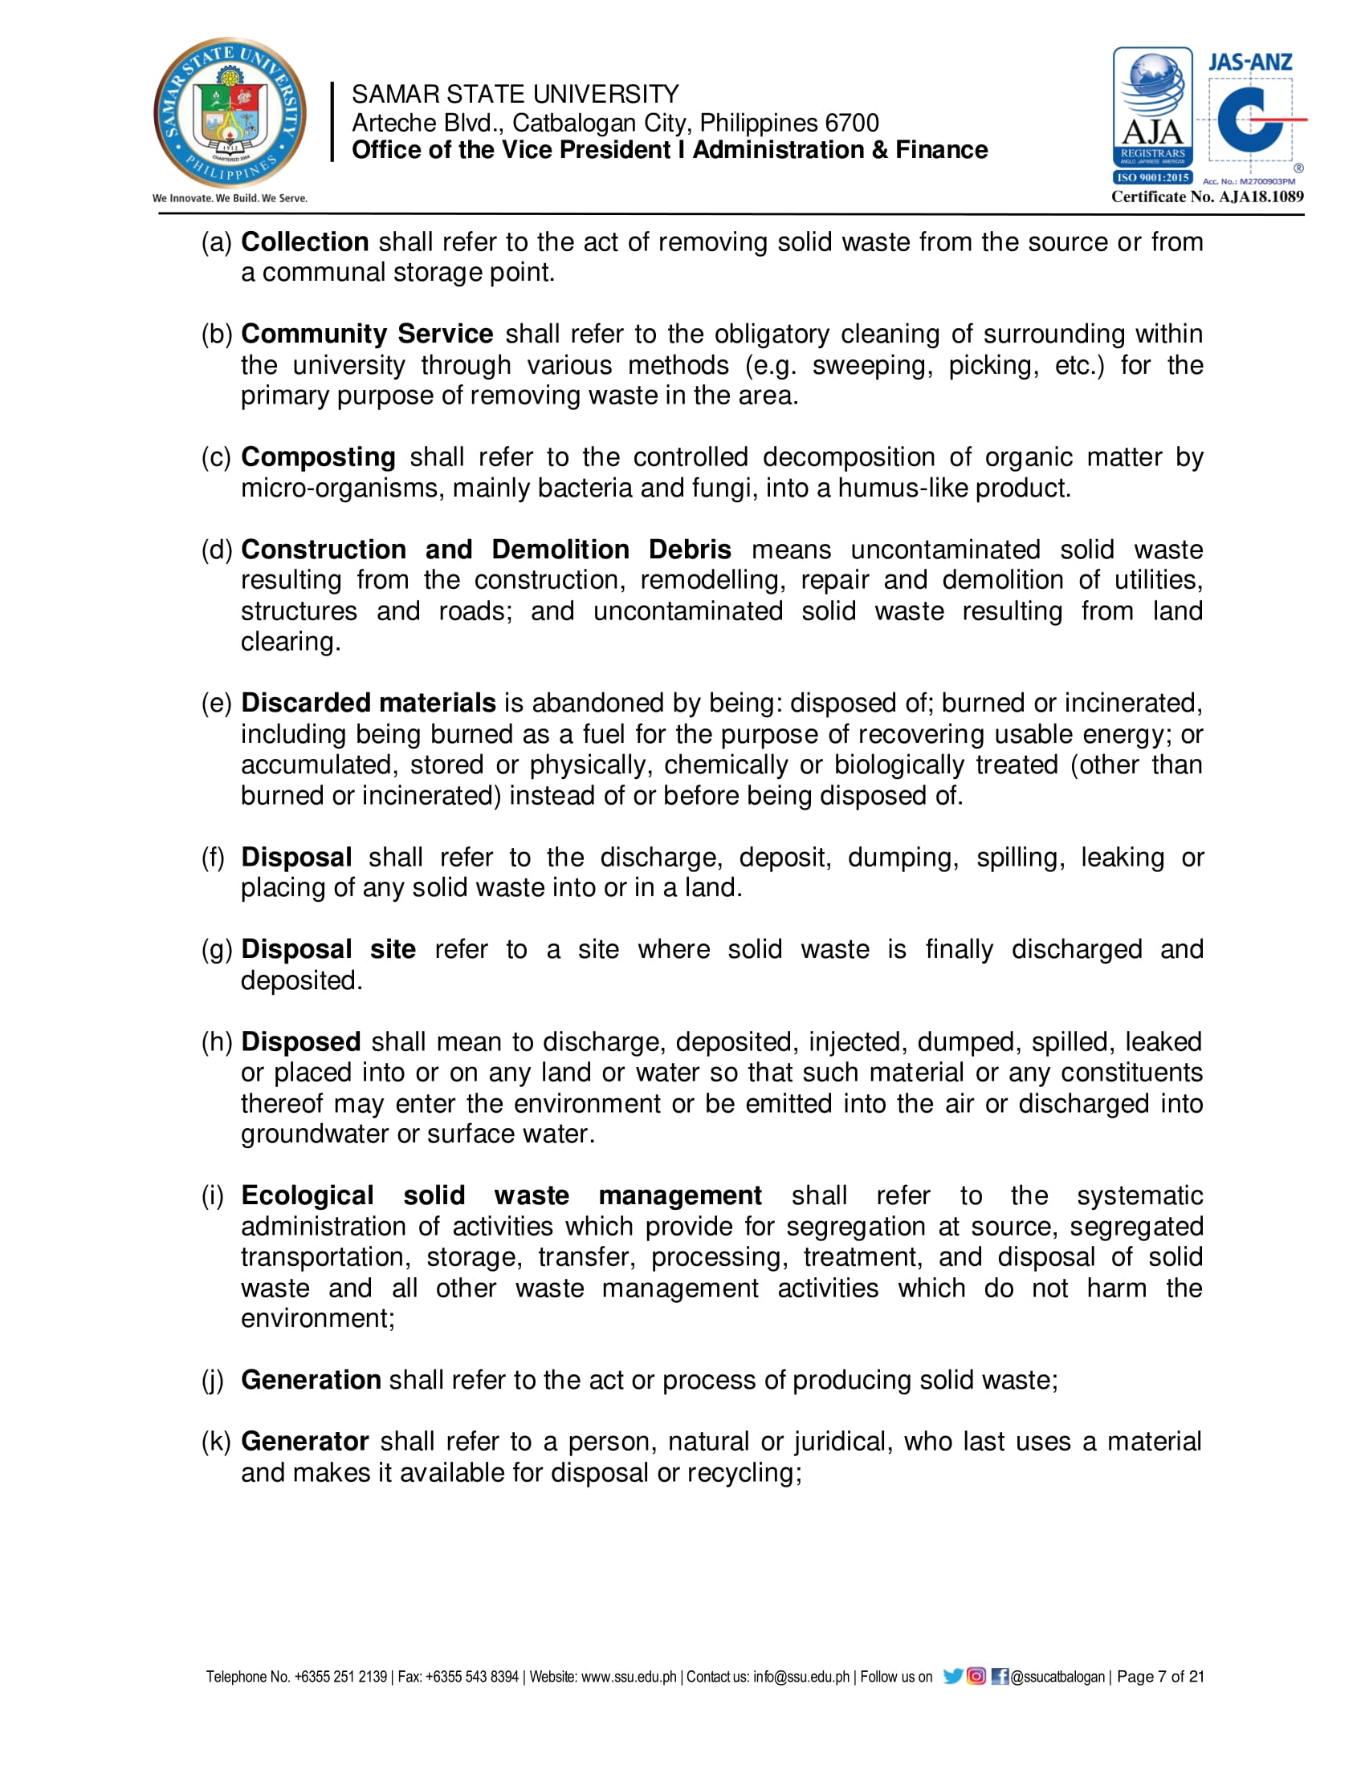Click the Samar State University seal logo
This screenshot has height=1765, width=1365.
[x=230, y=113]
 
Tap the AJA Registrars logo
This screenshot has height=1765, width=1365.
[x=1152, y=116]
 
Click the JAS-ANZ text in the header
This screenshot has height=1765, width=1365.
[x=1249, y=63]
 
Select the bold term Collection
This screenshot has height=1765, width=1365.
[x=305, y=241]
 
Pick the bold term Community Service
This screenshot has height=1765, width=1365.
[x=367, y=334]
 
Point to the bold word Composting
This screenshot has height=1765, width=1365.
[x=318, y=456]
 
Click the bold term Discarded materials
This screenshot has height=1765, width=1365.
[x=368, y=702]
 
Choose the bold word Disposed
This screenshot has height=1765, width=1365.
[x=301, y=1041]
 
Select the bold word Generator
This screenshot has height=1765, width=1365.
[x=305, y=1441]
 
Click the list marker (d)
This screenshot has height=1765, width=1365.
[x=217, y=550]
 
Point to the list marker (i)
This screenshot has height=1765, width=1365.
[x=213, y=1195]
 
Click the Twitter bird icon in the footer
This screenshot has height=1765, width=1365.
[x=952, y=1676]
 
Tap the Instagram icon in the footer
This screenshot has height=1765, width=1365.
[x=976, y=1676]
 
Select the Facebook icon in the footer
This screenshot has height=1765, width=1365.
[x=1000, y=1676]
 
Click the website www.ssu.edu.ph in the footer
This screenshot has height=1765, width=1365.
[x=629, y=1677]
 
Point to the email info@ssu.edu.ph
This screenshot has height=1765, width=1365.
[x=801, y=1677]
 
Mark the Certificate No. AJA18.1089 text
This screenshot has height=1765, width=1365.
[x=1207, y=197]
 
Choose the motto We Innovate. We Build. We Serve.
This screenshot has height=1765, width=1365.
[x=230, y=198]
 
